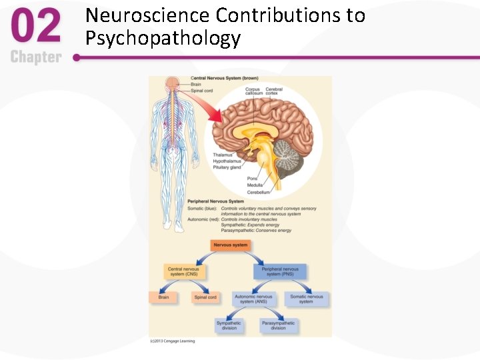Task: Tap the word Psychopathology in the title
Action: point(163,38)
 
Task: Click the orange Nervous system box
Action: point(231,245)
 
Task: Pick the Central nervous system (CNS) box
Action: point(183,272)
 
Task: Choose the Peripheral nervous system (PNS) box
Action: point(280,272)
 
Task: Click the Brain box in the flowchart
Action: point(163,297)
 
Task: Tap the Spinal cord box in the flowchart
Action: point(205,297)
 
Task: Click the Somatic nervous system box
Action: point(306,299)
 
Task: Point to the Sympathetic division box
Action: point(229,325)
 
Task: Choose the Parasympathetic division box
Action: point(278,325)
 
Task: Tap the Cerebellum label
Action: point(259,192)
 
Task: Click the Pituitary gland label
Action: point(227,167)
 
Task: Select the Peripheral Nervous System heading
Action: point(215,201)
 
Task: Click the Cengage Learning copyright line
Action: point(172,341)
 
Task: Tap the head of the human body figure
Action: point(173,84)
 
